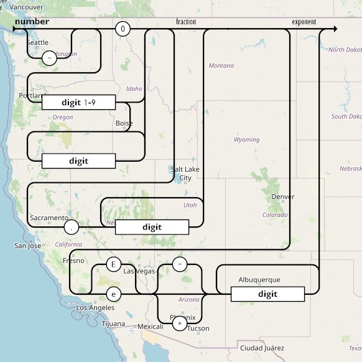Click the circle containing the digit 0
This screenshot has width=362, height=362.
(123, 29)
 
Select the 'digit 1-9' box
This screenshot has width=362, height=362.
(78, 102)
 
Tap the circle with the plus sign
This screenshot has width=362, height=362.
(179, 323)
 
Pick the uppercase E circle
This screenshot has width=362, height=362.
(113, 264)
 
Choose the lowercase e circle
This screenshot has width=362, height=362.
(113, 294)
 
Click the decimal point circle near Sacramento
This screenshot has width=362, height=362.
(72, 228)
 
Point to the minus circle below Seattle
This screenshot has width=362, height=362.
(49, 58)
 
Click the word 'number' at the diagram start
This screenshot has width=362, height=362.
(32, 22)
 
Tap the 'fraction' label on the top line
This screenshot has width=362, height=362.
(186, 22)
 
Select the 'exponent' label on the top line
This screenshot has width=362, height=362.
(304, 22)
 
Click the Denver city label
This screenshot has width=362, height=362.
(282, 197)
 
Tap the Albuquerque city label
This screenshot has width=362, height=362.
(259, 280)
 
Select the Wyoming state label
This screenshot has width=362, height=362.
(246, 140)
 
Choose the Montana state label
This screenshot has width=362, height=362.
(221, 66)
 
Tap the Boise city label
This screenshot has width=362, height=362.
(124, 123)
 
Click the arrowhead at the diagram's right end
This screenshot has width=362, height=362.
(335, 29)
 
